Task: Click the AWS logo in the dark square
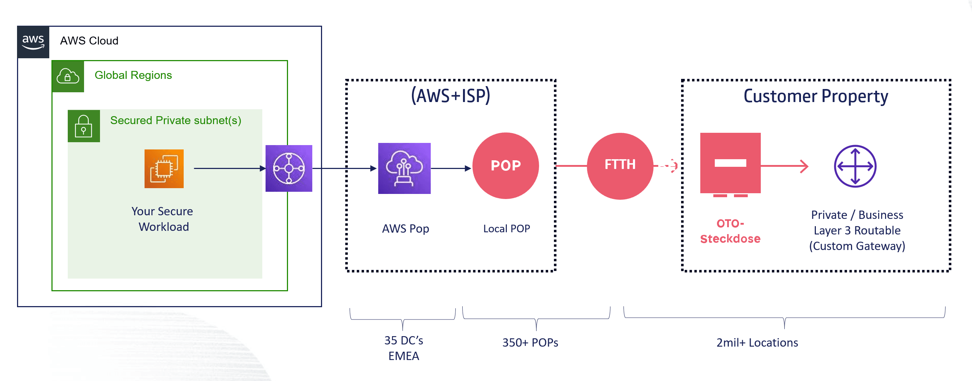tap(33, 42)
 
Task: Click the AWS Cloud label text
tap(89, 41)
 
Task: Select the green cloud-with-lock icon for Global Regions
tap(68, 76)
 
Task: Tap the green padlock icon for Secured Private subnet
tap(84, 126)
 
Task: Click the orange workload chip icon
tap(164, 169)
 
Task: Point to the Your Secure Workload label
tap(163, 219)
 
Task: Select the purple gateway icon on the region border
tap(289, 169)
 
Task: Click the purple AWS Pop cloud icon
tap(404, 169)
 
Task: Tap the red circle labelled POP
tap(506, 166)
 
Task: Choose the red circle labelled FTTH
tap(620, 166)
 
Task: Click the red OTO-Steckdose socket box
tap(730, 164)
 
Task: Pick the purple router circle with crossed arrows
tap(855, 166)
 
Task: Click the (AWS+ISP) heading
tap(451, 96)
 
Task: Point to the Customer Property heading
tap(815, 96)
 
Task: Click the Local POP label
tap(506, 229)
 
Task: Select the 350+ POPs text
tap(530, 343)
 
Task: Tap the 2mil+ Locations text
tap(757, 343)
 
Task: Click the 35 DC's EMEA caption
tap(403, 348)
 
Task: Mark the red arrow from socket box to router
tap(784, 166)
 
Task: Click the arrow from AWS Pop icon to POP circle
tap(451, 169)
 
